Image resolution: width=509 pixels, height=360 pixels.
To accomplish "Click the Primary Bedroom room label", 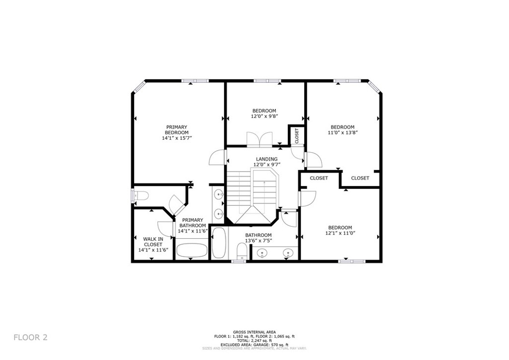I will pyautogui.click(x=177, y=130).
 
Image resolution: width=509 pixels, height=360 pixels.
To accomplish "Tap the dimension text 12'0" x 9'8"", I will pyautogui.click(x=264, y=116).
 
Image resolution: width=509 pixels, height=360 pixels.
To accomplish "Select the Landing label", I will pyautogui.click(x=267, y=159).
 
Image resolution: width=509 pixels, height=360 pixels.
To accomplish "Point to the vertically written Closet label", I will pyautogui.click(x=297, y=136).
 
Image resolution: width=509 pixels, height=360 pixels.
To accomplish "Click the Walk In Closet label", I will pyautogui.click(x=153, y=242).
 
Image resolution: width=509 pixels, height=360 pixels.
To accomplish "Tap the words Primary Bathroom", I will pyautogui.click(x=192, y=223).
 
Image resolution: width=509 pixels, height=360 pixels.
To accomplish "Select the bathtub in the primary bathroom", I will pyautogui.click(x=191, y=250).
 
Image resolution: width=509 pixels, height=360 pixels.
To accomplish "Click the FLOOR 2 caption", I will pyautogui.click(x=30, y=337).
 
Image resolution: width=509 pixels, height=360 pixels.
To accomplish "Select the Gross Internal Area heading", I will pyautogui.click(x=254, y=332).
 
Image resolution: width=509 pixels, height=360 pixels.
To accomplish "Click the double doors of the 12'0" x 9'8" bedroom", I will pyautogui.click(x=259, y=138).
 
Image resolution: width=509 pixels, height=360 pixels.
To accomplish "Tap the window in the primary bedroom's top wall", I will pyautogui.click(x=194, y=81).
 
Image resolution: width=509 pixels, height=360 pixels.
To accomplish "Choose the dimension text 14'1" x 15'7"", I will pyautogui.click(x=177, y=138).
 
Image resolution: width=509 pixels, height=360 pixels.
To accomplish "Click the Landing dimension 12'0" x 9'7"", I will pyautogui.click(x=267, y=165).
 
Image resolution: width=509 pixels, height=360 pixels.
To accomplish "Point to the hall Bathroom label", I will pyautogui.click(x=258, y=235).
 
